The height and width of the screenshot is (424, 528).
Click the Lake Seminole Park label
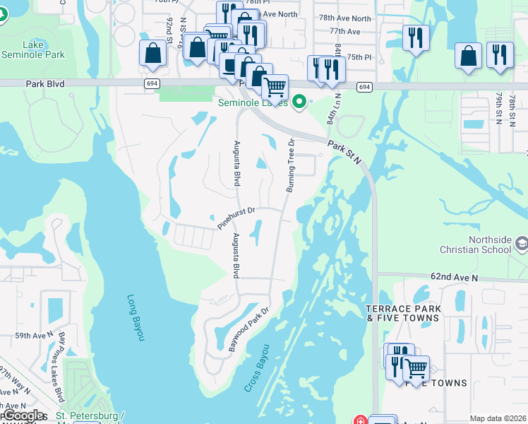point(33,49)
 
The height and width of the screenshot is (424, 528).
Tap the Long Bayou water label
point(136,317)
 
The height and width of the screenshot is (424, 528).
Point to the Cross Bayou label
point(257,368)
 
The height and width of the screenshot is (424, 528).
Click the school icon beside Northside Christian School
point(521,245)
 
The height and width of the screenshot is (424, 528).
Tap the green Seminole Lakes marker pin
point(299,102)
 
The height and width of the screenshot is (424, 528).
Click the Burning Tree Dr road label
point(289,165)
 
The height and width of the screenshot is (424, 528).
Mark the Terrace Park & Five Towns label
point(404,314)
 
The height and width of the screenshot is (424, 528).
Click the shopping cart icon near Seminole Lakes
point(275,87)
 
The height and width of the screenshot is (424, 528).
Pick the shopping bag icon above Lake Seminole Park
point(153,53)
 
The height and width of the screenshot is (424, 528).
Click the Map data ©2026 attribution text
point(498,418)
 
